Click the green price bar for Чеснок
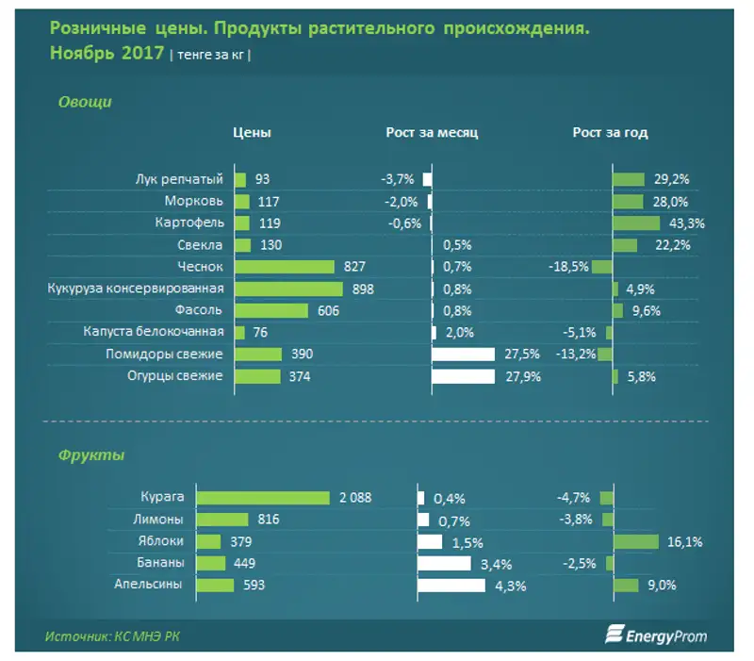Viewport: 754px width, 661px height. tap(284, 268)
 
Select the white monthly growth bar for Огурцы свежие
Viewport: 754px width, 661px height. tap(463, 376)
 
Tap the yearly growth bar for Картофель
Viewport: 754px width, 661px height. tap(635, 223)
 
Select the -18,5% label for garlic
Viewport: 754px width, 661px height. tap(568, 268)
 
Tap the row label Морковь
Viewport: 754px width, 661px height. tap(193, 202)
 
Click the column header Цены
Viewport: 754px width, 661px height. tap(252, 133)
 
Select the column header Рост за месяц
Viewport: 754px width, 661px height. tap(432, 133)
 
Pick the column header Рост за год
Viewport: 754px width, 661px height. tap(610, 133)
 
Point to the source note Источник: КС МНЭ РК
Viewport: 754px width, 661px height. tap(112, 636)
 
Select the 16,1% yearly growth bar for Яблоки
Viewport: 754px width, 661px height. tap(635, 541)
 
